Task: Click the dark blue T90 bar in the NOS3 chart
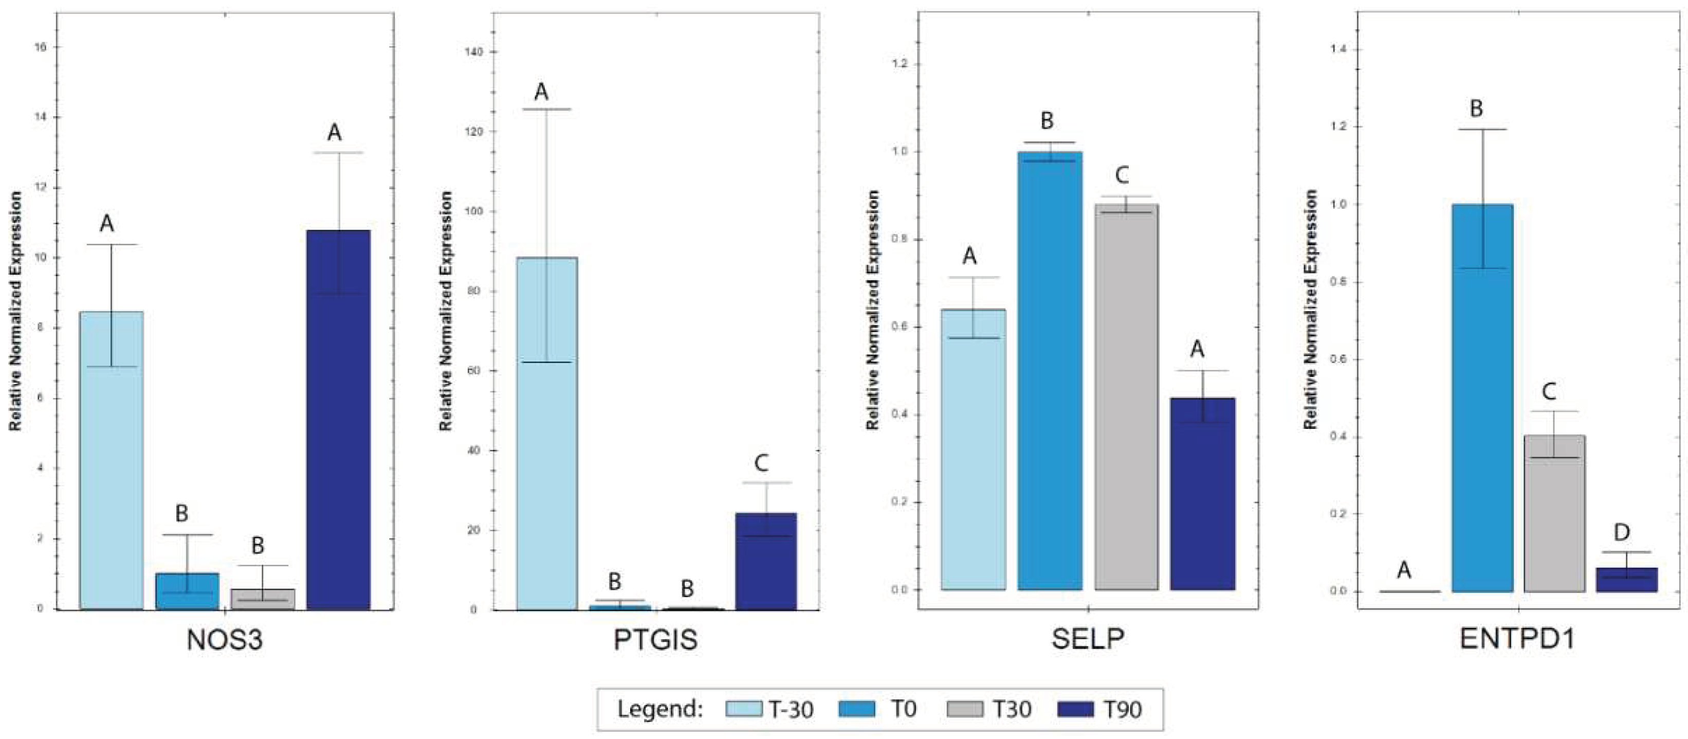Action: [338, 420]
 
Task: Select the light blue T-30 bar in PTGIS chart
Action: [546, 433]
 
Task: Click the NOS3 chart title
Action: [225, 640]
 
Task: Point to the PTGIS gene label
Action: [655, 640]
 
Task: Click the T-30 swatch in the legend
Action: [744, 709]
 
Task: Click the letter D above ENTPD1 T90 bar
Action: [1622, 532]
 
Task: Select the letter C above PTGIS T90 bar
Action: [761, 463]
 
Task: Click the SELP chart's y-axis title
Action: [872, 310]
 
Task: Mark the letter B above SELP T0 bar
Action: [1047, 121]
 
